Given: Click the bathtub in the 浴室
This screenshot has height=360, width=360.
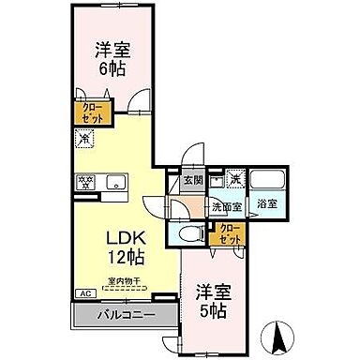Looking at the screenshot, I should (268, 181).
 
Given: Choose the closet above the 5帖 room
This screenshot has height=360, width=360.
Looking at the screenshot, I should (231, 232).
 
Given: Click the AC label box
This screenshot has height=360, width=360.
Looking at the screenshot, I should (84, 293).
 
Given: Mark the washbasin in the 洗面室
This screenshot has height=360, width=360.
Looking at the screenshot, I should (217, 179).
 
